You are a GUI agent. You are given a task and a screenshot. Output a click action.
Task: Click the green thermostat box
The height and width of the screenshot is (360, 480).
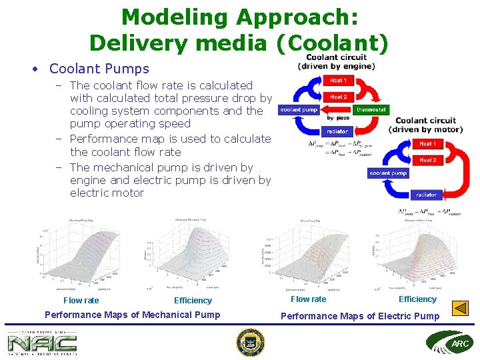371,110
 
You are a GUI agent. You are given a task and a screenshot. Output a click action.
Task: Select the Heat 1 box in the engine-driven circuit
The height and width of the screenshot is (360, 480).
338,81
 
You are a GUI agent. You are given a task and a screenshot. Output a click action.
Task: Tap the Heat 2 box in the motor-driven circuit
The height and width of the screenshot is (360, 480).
427,160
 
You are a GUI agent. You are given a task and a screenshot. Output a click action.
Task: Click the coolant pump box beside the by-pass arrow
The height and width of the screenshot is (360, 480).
299,110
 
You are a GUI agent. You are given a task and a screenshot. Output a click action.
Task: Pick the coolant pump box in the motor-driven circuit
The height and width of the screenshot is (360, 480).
388,173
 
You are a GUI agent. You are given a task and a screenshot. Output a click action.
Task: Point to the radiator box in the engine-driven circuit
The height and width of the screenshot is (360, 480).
337,131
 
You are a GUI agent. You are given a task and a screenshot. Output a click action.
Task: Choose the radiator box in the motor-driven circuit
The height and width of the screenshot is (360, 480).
426,195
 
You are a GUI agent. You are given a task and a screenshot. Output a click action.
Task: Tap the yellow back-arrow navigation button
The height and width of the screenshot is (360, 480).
460,308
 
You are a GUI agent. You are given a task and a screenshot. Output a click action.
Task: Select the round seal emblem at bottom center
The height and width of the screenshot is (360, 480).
250,343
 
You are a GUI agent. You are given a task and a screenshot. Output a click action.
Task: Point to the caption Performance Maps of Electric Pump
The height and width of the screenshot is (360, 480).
360,316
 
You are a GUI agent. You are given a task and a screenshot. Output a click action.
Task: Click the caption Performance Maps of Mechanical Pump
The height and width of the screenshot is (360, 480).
132,315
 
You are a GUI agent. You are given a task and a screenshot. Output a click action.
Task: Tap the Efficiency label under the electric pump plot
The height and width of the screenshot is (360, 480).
417,299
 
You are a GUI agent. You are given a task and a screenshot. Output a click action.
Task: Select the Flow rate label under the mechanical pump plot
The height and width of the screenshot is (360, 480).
81,301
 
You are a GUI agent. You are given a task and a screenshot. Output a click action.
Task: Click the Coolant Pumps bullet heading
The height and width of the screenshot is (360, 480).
99,69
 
